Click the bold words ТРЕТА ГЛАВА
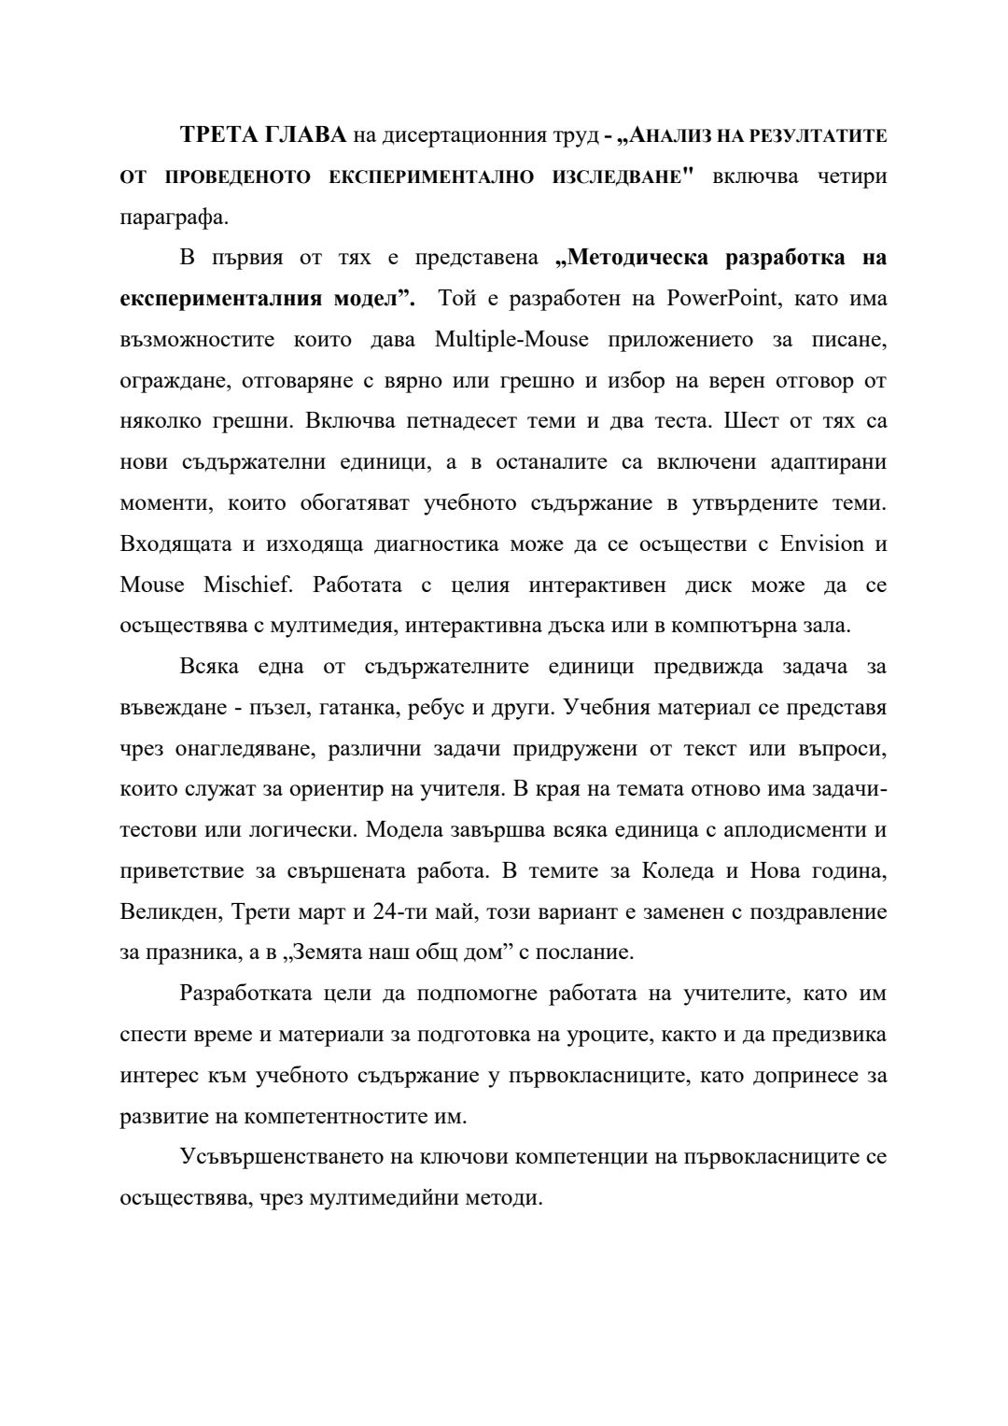point(263,135)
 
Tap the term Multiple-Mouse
point(511,339)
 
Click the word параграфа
point(174,218)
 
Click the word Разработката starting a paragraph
point(243,993)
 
